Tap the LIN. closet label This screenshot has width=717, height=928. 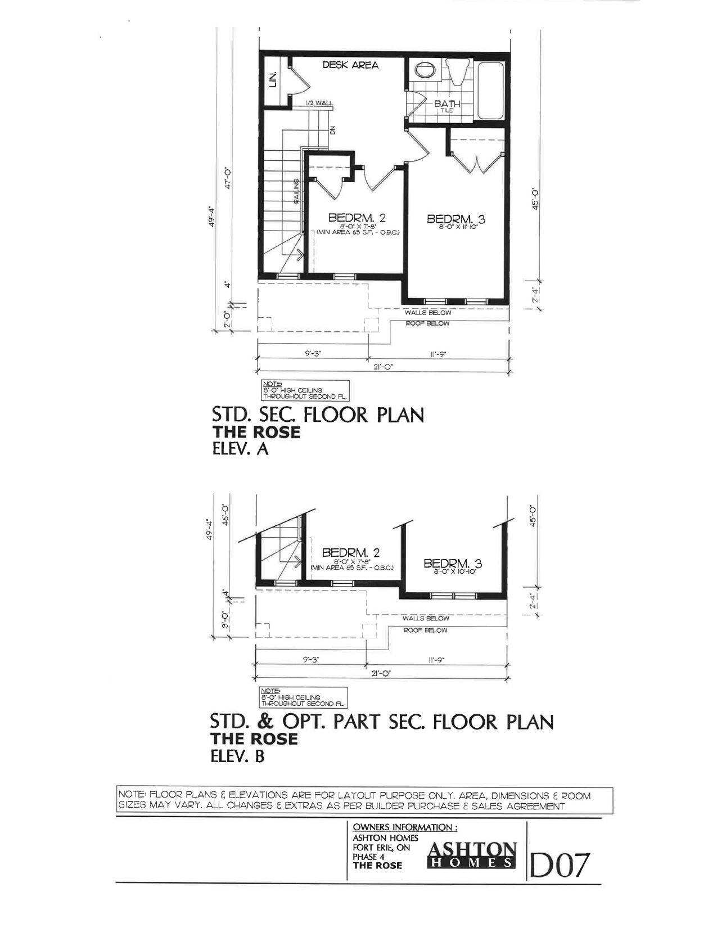274,79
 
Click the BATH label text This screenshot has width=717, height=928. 447,104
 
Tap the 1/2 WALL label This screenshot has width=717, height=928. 319,103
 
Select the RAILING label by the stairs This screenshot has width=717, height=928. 296,190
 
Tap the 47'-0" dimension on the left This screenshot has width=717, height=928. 229,179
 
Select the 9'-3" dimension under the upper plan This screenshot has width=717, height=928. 312,354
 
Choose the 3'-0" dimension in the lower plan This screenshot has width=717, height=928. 225,621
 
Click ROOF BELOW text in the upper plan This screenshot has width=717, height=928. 427,323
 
